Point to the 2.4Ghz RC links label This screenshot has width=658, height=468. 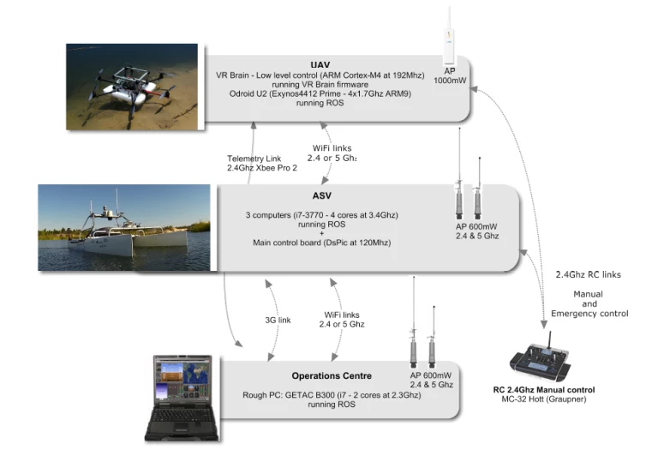point(588,274)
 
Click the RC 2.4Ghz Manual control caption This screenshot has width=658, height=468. point(544,390)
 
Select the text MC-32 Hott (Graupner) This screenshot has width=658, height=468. point(544,399)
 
